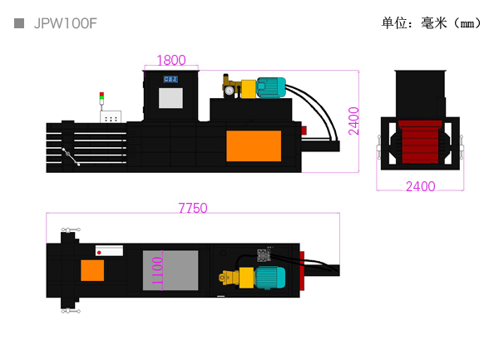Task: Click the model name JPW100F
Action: tap(65, 23)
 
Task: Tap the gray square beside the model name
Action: tap(19, 23)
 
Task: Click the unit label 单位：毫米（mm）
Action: tap(432, 23)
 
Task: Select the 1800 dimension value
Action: tap(171, 60)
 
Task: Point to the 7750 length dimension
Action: tap(193, 208)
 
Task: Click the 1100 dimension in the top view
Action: tap(157, 271)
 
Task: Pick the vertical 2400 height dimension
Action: tap(353, 121)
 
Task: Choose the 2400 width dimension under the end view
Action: tap(420, 186)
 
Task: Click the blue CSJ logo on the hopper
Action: tap(170, 79)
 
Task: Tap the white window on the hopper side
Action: tap(170, 98)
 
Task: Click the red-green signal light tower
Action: tap(101, 98)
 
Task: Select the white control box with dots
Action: tap(111, 116)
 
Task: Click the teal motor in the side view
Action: tap(271, 87)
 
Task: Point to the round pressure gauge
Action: tap(230, 91)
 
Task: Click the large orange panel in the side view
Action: tap(254, 146)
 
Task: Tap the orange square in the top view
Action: tap(92, 270)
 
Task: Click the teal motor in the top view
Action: tap(270, 278)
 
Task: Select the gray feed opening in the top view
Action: tap(170, 270)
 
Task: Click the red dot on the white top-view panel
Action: tap(99, 253)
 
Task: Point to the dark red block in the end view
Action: tap(420, 142)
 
